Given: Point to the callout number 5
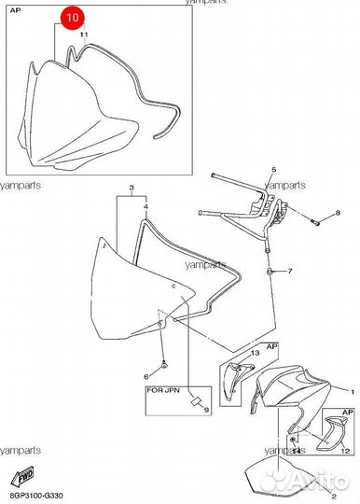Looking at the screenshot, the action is pyautogui.click(x=273, y=169).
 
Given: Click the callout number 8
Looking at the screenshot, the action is pyautogui.click(x=339, y=214).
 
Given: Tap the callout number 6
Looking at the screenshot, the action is pyautogui.click(x=146, y=376).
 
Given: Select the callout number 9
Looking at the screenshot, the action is pyautogui.click(x=206, y=410).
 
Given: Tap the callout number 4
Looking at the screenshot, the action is pyautogui.click(x=145, y=203).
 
